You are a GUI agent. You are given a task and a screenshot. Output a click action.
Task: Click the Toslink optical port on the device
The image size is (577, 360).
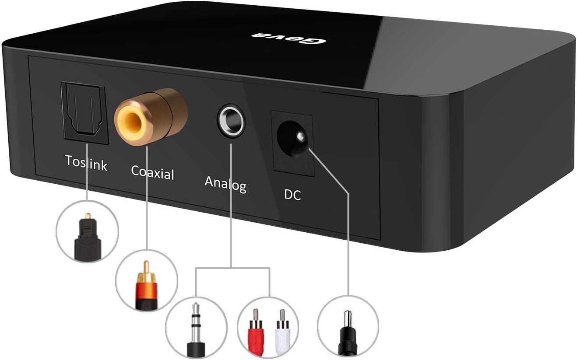[x=85, y=112]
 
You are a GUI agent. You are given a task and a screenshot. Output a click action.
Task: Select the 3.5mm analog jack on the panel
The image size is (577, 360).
[x=231, y=119]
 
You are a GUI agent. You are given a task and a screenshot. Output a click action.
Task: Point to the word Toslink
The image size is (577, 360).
[x=86, y=162]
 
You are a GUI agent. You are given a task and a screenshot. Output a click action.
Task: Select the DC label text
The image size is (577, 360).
[x=292, y=194]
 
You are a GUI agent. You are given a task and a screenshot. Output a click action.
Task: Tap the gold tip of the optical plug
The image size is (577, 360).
[x=88, y=217]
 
